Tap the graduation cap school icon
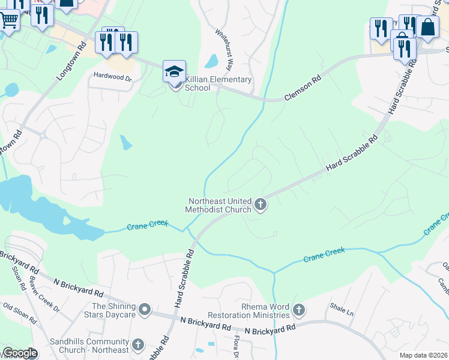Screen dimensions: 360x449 (x=174, y=72)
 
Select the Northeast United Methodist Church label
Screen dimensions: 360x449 (x=218, y=205)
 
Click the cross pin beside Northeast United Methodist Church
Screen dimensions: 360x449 (x=261, y=205)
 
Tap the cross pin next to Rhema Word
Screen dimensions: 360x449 (x=298, y=310)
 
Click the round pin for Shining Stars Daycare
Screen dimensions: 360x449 (x=144, y=310)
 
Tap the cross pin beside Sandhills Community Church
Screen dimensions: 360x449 (x=138, y=344)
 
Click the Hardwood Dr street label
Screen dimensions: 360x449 (x=112, y=77)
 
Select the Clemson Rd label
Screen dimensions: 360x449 (x=303, y=88)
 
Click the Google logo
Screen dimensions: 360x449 (x=20, y=353)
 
